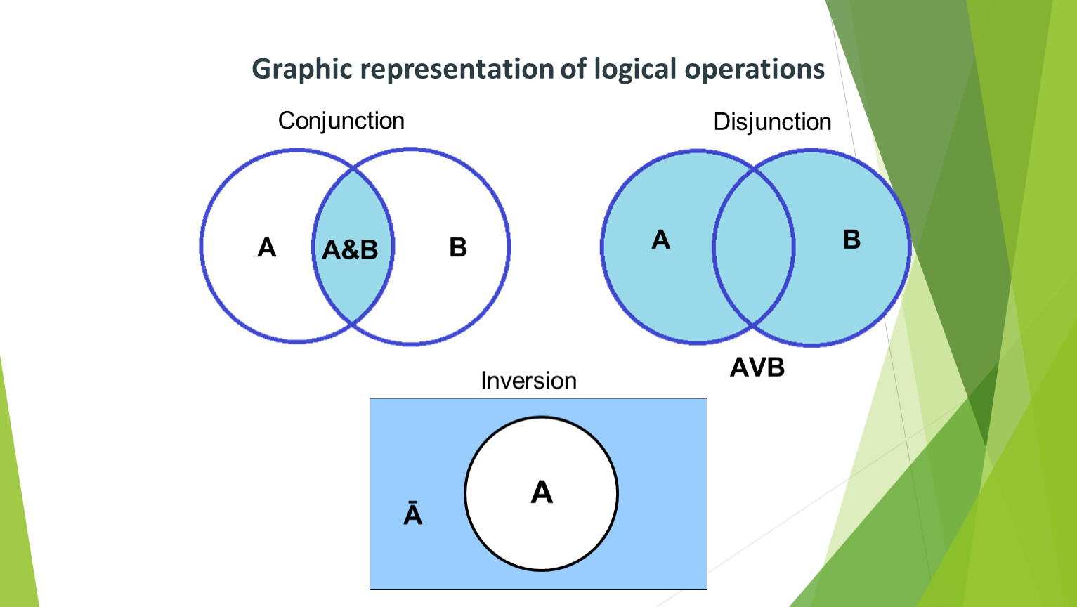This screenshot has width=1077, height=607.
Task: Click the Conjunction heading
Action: [x=341, y=121]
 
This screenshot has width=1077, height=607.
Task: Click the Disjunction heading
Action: [x=772, y=122]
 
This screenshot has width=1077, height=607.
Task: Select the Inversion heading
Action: [x=528, y=381]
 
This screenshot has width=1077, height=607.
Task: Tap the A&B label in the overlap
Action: [x=350, y=249]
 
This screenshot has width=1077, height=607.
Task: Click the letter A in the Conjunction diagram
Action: [x=267, y=247]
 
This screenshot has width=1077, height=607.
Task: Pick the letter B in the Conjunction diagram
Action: [x=458, y=247]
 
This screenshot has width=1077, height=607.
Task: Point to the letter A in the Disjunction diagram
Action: [x=660, y=240]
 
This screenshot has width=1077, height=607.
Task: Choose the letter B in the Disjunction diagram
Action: [x=851, y=240]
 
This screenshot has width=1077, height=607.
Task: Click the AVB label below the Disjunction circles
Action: [x=757, y=367]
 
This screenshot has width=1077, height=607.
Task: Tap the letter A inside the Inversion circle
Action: [x=542, y=492]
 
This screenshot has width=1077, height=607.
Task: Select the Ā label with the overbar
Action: [x=413, y=514]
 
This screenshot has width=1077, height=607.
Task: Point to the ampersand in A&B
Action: [x=350, y=249]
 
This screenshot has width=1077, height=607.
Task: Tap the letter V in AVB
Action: [x=757, y=367]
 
